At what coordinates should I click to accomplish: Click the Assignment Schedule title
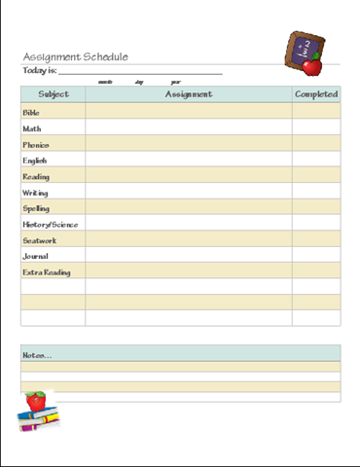click(75, 56)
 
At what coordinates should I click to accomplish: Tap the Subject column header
click(54, 94)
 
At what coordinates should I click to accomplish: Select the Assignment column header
click(189, 94)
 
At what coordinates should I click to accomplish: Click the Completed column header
click(316, 94)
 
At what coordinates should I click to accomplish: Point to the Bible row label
click(31, 113)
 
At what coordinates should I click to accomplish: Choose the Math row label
click(32, 128)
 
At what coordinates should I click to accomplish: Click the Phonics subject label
click(36, 145)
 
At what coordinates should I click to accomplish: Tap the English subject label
click(35, 161)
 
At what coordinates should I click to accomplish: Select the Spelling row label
click(36, 208)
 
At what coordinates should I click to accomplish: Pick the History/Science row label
click(51, 225)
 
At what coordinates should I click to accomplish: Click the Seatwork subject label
click(39, 240)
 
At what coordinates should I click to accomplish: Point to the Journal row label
click(36, 257)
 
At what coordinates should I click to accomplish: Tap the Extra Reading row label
click(47, 272)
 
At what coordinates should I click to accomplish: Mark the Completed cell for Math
click(316, 128)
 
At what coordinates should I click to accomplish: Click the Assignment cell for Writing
click(189, 193)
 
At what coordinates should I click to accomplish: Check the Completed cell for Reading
click(316, 177)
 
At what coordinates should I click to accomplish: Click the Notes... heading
click(38, 355)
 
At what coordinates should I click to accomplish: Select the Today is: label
click(39, 71)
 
